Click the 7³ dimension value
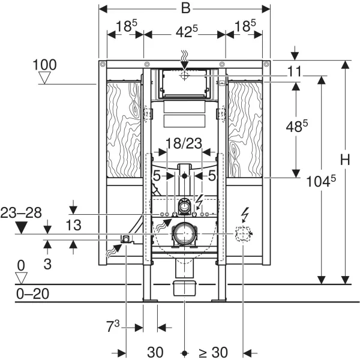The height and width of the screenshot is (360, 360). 113,328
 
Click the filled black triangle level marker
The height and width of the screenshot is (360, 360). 22,227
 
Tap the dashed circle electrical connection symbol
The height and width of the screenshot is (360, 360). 242,235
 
